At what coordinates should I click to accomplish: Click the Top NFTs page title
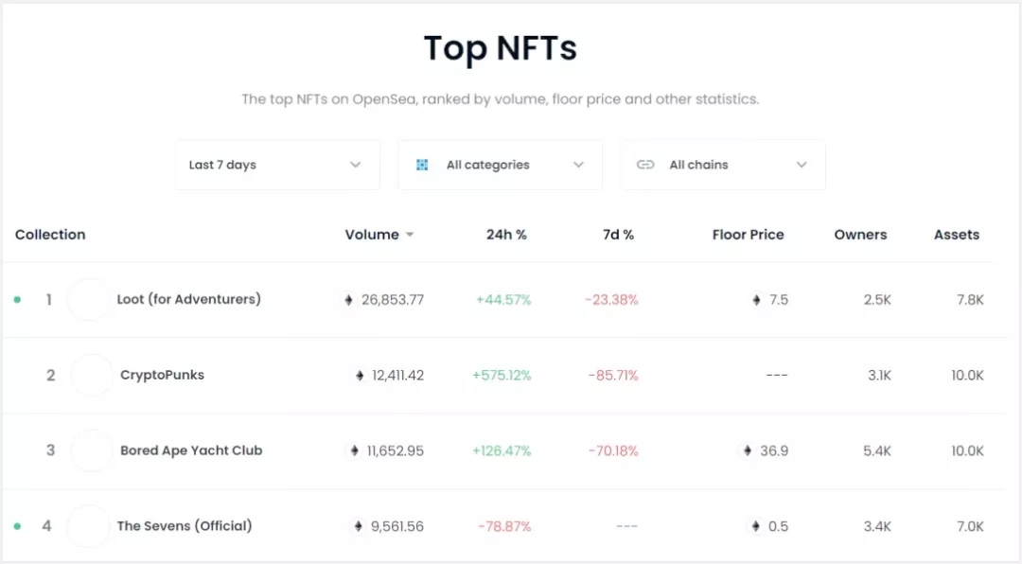click(500, 48)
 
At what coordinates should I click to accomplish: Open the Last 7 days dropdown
click(276, 165)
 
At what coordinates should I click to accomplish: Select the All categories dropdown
click(500, 165)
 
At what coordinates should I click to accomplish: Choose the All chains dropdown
click(722, 165)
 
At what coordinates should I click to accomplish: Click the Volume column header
click(372, 235)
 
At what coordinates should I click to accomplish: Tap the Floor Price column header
click(748, 235)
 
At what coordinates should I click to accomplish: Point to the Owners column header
click(860, 235)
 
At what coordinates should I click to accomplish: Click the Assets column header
click(956, 235)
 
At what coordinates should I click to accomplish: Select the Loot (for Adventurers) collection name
click(189, 299)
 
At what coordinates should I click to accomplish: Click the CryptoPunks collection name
click(162, 375)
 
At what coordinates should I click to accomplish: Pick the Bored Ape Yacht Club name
click(191, 450)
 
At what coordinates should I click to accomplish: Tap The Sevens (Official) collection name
click(185, 525)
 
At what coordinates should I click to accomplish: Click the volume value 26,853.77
click(392, 300)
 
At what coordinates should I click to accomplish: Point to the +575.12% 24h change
click(502, 376)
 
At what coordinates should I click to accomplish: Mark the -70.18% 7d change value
click(613, 451)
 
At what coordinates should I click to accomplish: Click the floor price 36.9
click(773, 451)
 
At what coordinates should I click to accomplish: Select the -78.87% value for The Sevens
click(503, 526)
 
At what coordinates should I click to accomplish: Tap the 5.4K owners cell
click(876, 451)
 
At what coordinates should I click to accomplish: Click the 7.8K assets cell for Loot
click(969, 300)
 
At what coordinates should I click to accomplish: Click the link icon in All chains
click(645, 165)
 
